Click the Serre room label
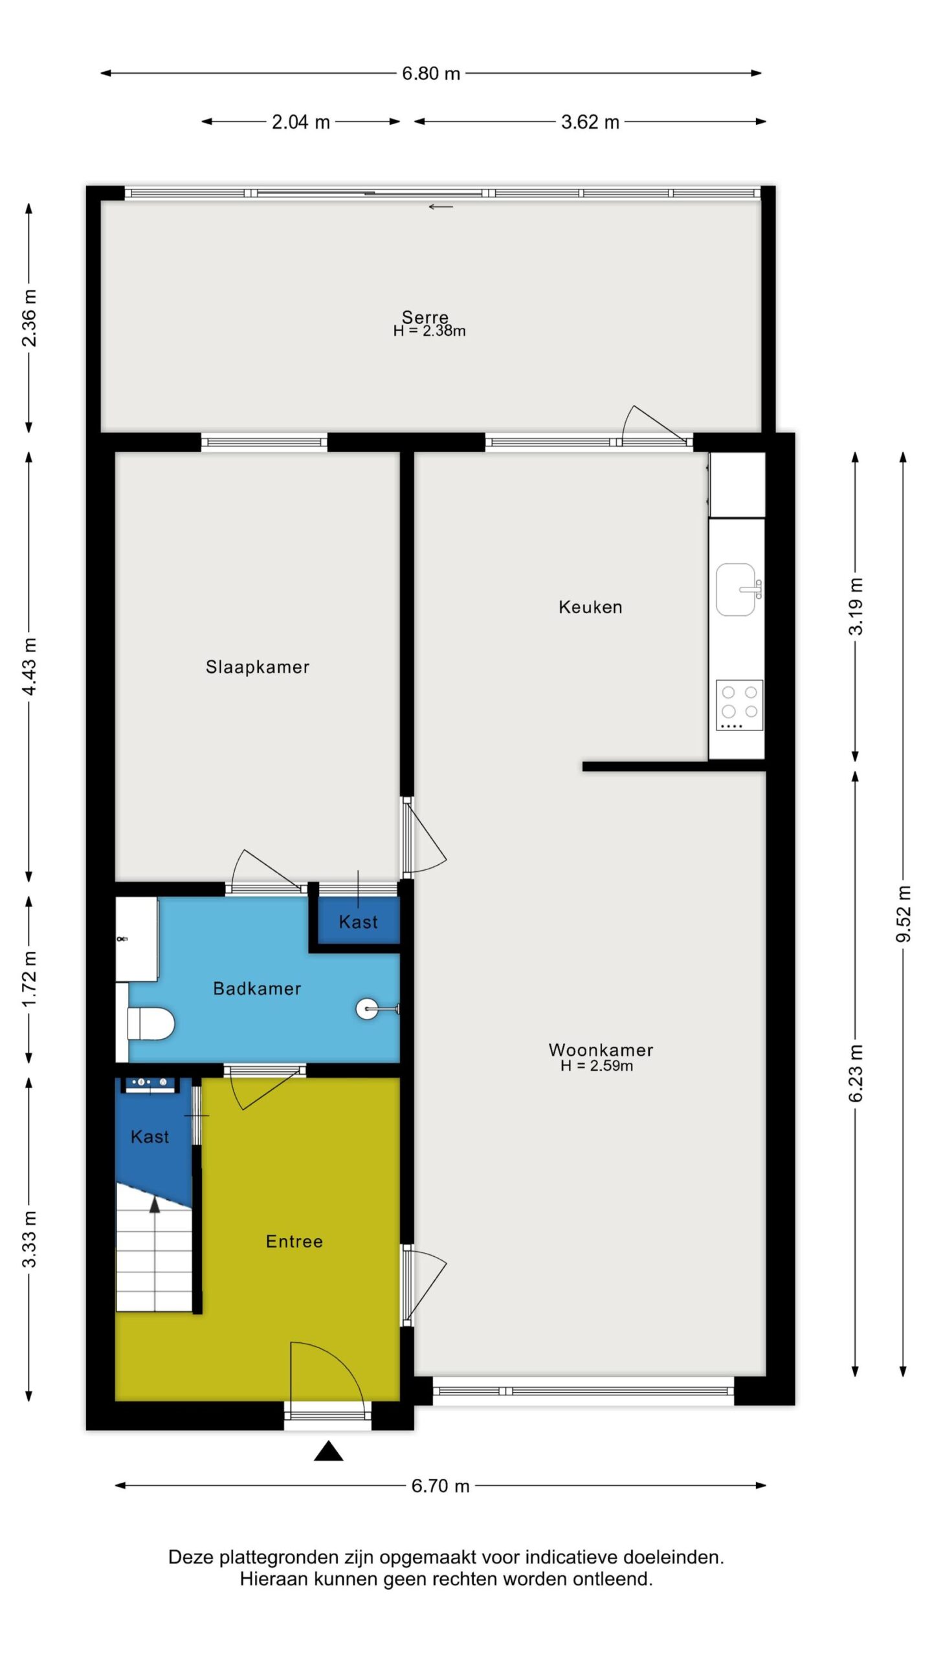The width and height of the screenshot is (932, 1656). pos(425,317)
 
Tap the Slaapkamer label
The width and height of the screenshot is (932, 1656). pos(258,667)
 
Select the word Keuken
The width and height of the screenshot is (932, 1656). pos(590,607)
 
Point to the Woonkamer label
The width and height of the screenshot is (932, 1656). pos(601,1049)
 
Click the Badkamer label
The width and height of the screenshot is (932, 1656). pos(257,988)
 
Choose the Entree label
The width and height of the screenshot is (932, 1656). pos(294,1241)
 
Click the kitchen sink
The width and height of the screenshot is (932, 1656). pos(737,589)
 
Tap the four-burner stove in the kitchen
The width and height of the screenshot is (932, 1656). pos(740,705)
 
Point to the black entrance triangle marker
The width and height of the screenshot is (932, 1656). pos(328,1451)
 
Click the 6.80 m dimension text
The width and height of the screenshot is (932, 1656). pos(431,73)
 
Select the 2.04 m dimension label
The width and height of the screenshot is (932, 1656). pos(301,122)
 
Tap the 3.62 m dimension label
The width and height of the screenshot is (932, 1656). pos(590,122)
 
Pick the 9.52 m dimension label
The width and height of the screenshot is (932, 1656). pos(904,914)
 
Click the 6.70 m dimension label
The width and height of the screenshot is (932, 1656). pos(440,1485)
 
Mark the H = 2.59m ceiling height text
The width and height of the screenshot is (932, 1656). pos(597,1065)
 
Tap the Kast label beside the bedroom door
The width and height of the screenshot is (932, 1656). pos(358,922)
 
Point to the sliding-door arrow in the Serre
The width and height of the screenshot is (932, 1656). pos(441,207)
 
